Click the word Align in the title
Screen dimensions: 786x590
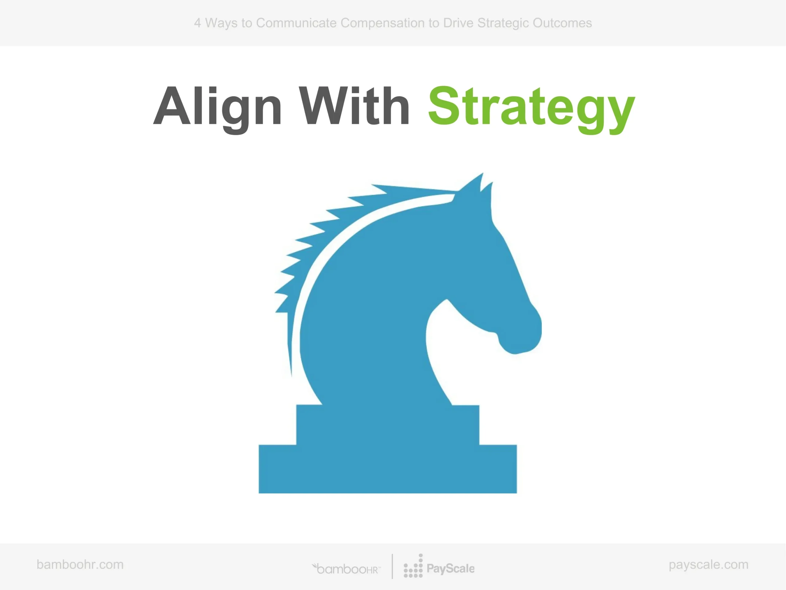pos(217,109)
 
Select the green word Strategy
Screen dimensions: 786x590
pos(531,109)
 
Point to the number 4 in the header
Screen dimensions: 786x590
pos(197,23)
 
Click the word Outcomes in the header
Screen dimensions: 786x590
pos(562,23)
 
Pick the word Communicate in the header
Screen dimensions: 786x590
pos(296,23)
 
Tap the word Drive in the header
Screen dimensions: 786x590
pos(458,23)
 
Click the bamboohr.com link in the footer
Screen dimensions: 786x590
pos(80,564)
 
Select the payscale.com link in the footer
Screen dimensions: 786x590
pos(709,565)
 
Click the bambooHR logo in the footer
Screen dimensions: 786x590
pos(346,569)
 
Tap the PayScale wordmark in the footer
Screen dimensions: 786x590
pos(450,569)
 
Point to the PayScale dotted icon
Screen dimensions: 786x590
pos(413,566)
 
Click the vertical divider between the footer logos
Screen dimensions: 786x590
pos(392,566)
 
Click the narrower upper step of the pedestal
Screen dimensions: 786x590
pos(388,425)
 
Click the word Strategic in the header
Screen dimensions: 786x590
pos(503,23)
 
